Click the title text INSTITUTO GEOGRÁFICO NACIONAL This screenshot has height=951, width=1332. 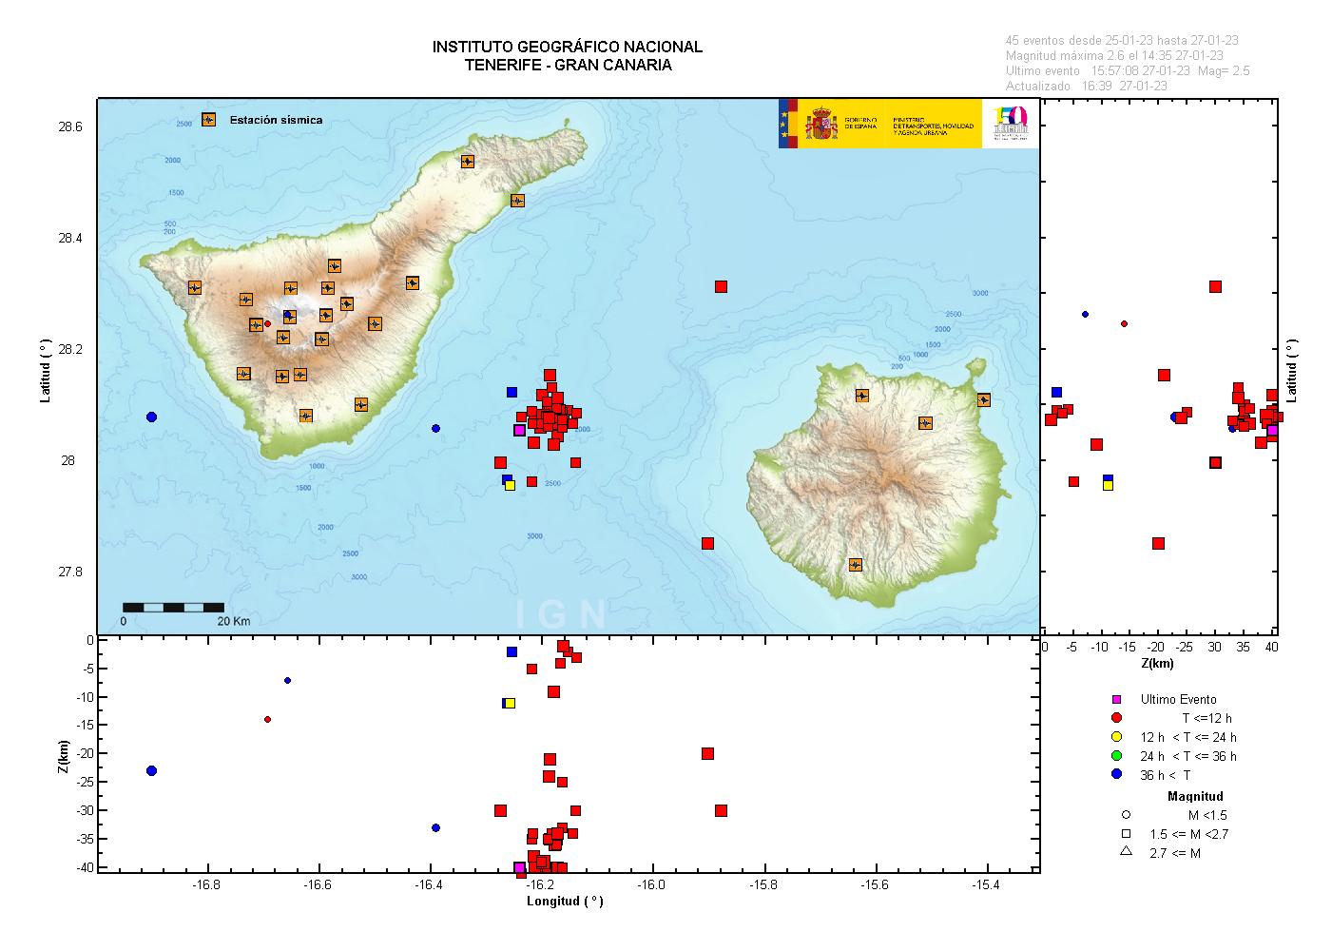[567, 47]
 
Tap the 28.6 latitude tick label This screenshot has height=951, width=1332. [70, 126]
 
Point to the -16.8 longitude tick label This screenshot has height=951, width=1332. [206, 885]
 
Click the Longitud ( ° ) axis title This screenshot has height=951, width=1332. [565, 902]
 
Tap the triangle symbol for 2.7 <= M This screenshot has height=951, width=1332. [1126, 852]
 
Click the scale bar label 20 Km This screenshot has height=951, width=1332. [233, 621]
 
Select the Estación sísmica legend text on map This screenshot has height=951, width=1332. [276, 120]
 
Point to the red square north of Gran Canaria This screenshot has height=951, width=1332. [721, 286]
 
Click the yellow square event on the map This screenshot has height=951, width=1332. [510, 485]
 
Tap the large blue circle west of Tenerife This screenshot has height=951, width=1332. [151, 417]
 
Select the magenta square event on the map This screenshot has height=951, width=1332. [519, 430]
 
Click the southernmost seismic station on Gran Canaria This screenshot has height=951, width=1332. [855, 564]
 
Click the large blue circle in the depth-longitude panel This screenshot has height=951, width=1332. [151, 770]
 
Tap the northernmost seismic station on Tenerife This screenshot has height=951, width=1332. [468, 162]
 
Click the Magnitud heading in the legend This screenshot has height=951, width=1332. [1196, 796]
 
